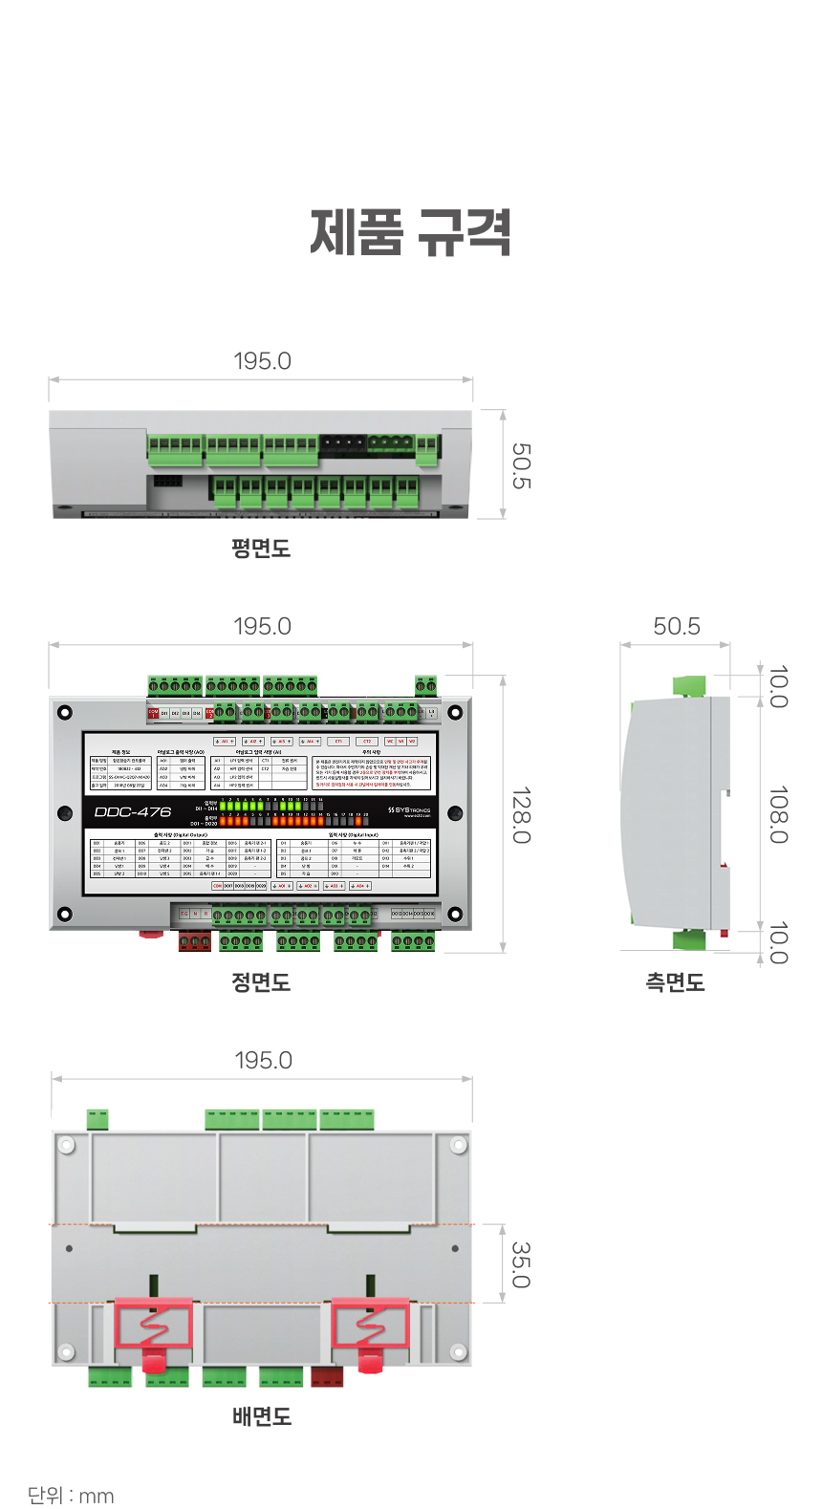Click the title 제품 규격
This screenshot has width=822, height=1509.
[411, 233]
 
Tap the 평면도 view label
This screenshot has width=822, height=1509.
[261, 549]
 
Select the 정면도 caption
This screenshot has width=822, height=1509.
[261, 982]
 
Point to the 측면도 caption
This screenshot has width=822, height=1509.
[675, 982]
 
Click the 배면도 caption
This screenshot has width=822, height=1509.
[262, 1416]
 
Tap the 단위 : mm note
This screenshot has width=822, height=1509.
[71, 1495]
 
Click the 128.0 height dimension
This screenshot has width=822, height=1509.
[521, 815]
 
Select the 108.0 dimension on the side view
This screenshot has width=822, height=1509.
[778, 815]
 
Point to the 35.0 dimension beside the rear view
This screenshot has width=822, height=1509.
[521, 1264]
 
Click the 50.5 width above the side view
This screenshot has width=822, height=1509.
[677, 626]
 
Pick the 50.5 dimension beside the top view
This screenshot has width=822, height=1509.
[521, 465]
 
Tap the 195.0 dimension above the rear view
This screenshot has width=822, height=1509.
[263, 1060]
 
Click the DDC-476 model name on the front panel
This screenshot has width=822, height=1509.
[133, 812]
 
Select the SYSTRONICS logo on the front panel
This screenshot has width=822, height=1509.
[409, 811]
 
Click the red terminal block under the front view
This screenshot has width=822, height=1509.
[195, 942]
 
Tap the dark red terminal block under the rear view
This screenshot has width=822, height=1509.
[327, 1376]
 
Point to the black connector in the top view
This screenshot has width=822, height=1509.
[341, 443]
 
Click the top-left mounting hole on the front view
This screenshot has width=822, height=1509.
[65, 713]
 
